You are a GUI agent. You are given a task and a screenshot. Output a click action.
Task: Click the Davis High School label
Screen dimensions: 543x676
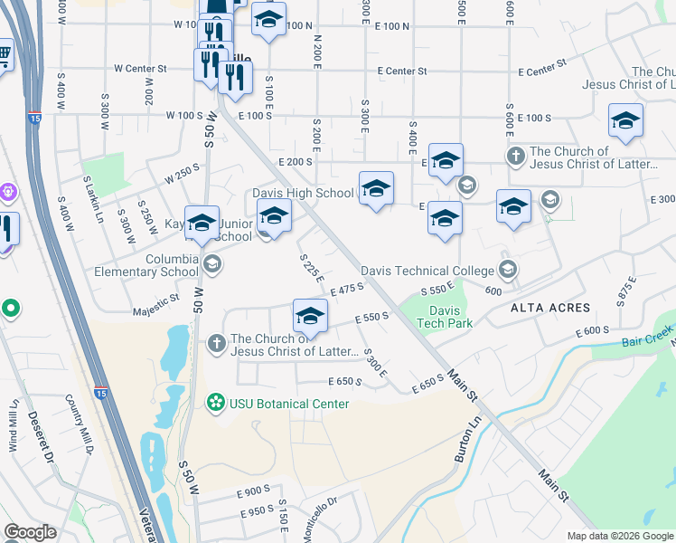point(303,193)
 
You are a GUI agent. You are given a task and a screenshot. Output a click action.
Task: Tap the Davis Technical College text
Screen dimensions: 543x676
point(427,270)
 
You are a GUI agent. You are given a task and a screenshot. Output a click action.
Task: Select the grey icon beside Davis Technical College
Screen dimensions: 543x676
point(508,269)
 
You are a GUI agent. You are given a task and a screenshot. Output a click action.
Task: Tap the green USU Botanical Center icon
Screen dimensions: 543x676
point(216,402)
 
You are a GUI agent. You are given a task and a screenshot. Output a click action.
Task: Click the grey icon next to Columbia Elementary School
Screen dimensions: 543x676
point(212,264)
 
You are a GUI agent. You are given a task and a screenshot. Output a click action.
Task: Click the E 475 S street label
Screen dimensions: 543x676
point(347,289)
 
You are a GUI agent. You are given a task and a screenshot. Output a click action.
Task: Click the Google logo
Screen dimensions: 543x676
point(30,532)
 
